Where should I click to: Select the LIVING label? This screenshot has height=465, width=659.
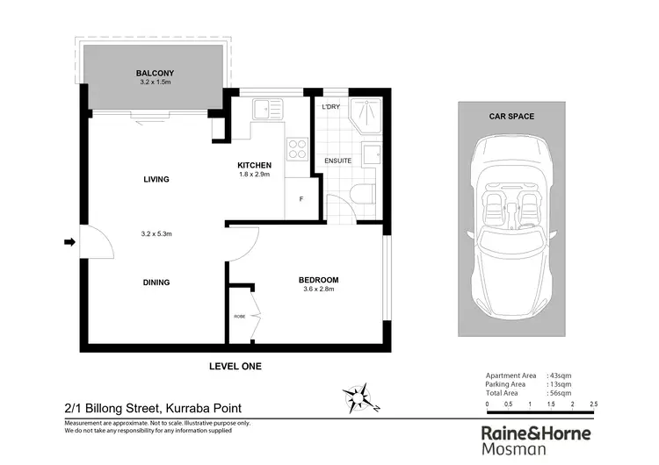(156, 179)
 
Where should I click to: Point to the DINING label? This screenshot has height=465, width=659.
(156, 283)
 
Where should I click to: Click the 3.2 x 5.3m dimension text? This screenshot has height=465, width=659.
(156, 234)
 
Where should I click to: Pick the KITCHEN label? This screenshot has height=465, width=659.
(254, 165)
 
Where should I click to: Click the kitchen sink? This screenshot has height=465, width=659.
(264, 110)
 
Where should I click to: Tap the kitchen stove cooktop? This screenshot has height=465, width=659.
(297, 147)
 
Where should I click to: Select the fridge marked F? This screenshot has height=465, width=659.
(301, 199)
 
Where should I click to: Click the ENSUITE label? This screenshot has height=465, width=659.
(338, 161)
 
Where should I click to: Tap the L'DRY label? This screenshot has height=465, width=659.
(331, 107)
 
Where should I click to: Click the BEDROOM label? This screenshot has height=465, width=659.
(320, 280)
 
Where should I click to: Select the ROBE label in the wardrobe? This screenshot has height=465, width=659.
(239, 316)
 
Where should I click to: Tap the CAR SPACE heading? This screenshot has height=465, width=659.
(512, 116)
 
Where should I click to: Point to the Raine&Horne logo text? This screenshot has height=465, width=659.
(536, 433)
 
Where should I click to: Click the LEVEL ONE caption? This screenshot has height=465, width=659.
(235, 366)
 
